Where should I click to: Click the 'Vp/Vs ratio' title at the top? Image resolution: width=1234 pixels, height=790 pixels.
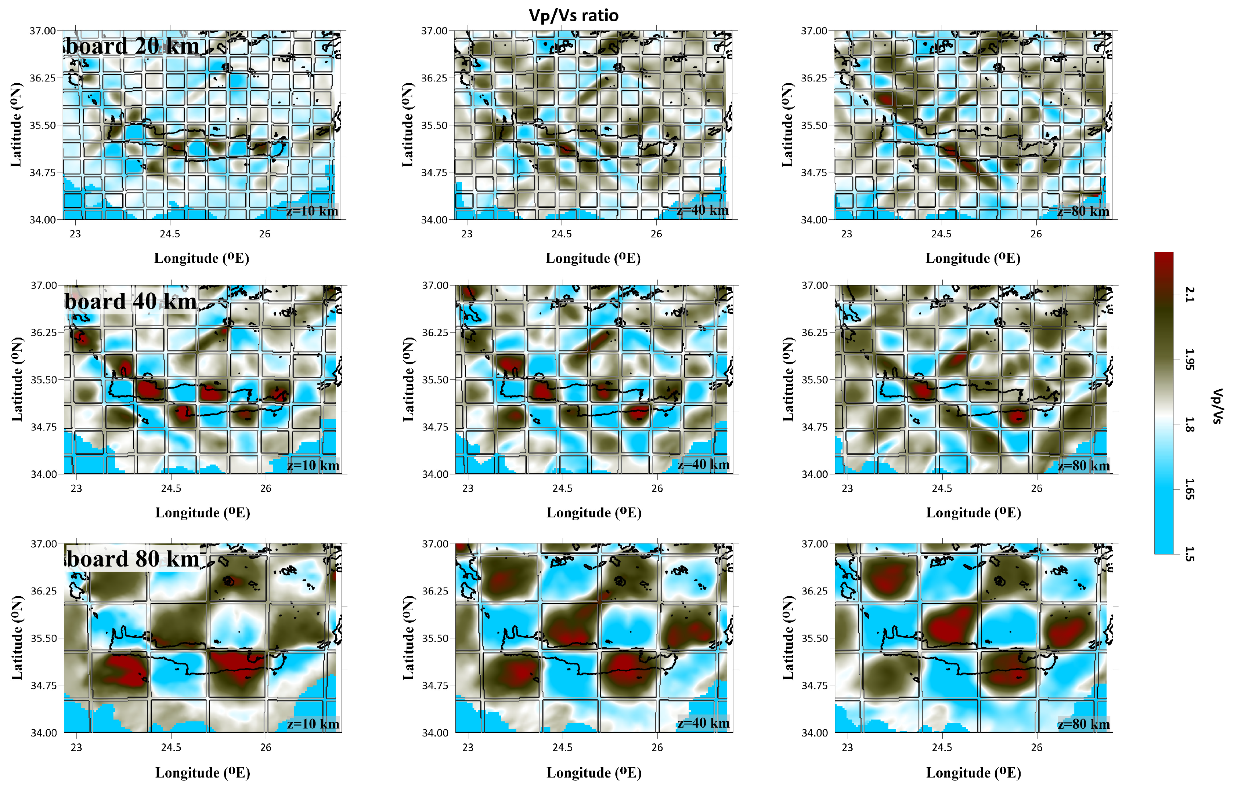(x=573, y=15)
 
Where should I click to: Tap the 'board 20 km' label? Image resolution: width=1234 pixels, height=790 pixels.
(x=133, y=46)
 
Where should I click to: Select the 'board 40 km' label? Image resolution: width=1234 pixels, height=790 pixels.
(x=130, y=301)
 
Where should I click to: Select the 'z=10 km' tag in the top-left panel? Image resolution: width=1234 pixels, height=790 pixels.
(x=312, y=211)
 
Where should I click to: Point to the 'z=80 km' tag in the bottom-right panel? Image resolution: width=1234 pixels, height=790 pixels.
(x=1083, y=724)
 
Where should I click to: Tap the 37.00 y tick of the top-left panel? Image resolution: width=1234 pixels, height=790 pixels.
(x=43, y=31)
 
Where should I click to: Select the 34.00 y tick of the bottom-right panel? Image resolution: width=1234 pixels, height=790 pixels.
(x=815, y=732)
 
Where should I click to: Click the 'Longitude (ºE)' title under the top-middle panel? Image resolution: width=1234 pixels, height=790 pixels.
(x=593, y=258)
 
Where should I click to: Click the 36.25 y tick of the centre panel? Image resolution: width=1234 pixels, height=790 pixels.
(x=435, y=332)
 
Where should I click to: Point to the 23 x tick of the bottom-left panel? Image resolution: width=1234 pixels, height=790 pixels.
(x=76, y=747)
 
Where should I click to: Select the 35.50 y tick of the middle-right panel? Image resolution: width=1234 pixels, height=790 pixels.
(x=815, y=380)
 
